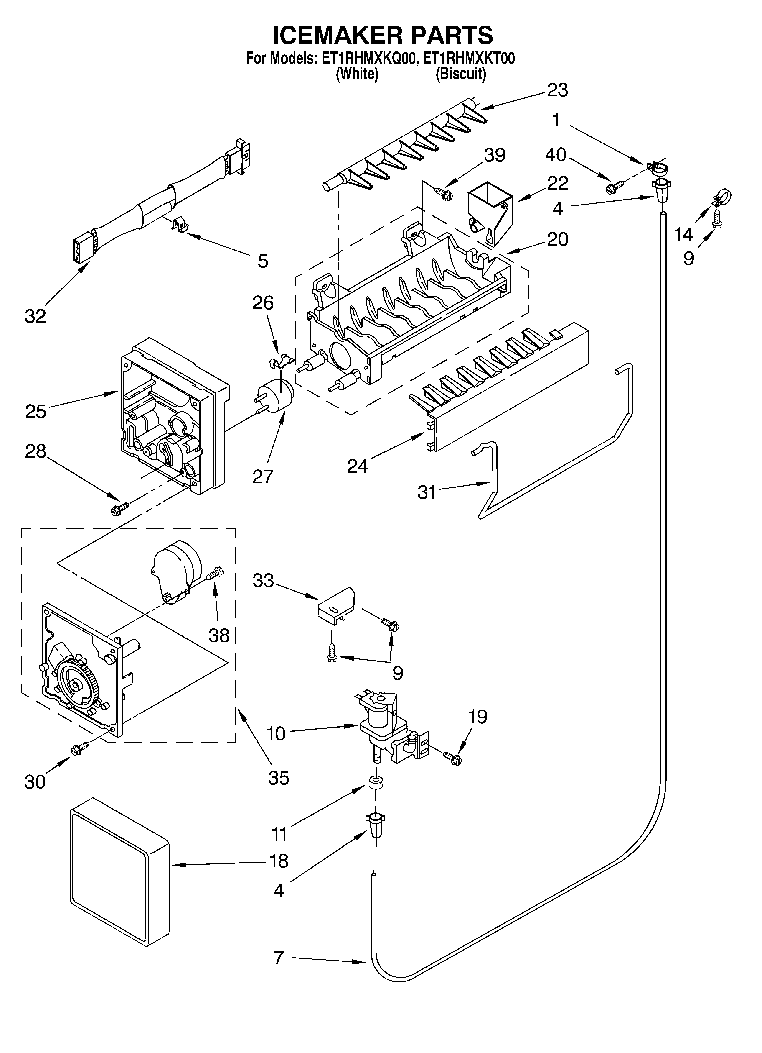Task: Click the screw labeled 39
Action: pos(443,193)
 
